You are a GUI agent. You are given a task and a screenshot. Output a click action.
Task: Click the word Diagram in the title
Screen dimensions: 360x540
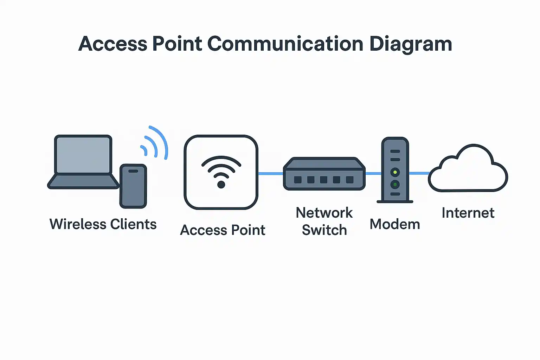point(410,44)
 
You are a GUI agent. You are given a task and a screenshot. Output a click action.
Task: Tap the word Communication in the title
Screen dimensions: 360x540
point(285,44)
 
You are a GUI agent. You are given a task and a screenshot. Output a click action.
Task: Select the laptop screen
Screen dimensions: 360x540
point(83,155)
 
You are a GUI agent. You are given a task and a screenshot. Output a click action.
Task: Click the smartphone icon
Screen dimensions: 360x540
point(133,186)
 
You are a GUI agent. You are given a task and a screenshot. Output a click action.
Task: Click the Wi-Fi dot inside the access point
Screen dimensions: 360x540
point(221,185)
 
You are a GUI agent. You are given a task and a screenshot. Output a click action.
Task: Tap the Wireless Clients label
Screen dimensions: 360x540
point(103,224)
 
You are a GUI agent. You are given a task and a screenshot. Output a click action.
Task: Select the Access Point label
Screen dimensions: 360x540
point(223,230)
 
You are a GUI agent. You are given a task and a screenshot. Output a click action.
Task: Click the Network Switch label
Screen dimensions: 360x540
point(324,221)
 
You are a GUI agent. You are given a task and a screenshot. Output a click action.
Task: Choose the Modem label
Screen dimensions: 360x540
point(395,224)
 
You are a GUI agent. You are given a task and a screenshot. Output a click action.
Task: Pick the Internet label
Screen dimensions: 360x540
point(468,213)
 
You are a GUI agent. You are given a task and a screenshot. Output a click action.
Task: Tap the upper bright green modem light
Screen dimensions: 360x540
point(395,172)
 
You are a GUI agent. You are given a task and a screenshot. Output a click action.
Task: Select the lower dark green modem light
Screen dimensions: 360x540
point(395,184)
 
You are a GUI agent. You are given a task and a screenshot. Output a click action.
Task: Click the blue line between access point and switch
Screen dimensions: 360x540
point(271,173)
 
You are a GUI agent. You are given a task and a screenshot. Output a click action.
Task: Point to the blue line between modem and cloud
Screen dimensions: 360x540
point(419,173)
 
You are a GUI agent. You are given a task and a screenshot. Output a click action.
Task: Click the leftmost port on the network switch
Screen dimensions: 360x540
point(298,180)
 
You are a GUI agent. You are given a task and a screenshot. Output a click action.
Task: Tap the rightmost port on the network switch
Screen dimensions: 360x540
point(349,180)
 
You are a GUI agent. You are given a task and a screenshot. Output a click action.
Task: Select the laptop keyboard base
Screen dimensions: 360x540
point(83,181)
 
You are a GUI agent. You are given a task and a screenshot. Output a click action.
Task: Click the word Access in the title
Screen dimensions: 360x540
point(112,44)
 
